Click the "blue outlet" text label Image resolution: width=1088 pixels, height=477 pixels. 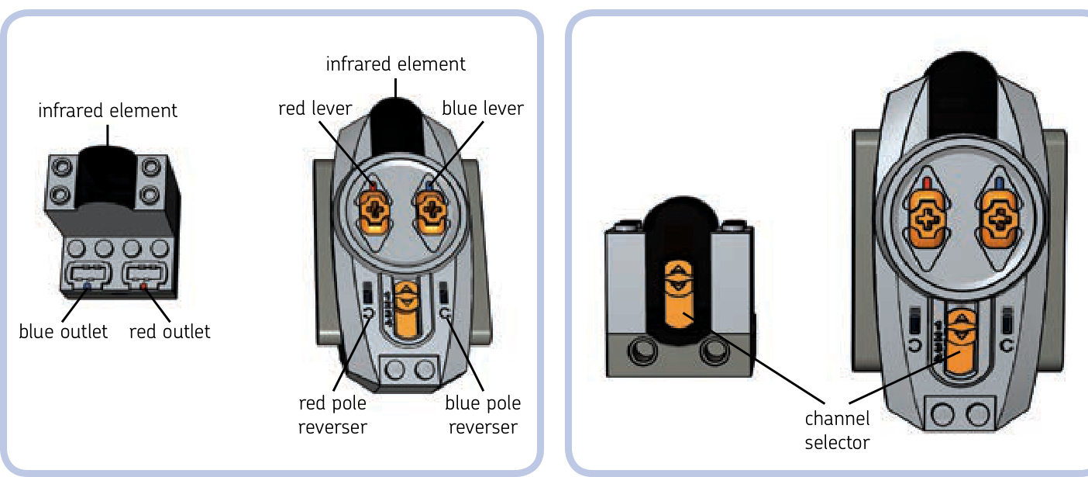pos(63,332)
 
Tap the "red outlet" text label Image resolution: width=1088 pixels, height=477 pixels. pos(170,332)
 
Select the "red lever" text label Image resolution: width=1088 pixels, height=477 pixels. pos(315,109)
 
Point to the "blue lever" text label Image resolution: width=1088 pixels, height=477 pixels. pos(483,109)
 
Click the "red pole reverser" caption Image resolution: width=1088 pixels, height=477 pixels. pos(332,415)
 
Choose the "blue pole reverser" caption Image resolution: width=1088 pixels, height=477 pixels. pos(483,415)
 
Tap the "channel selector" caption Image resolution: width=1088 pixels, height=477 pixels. pos(837,430)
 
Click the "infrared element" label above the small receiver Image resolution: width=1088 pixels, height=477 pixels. pos(108,111)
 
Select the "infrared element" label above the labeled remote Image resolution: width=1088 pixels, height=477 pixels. pos(396,64)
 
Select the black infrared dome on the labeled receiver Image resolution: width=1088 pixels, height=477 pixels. pos(108,175)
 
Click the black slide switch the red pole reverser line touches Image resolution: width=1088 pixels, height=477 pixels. pos(368,294)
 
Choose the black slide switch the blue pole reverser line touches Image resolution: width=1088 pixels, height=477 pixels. pos(443,294)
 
